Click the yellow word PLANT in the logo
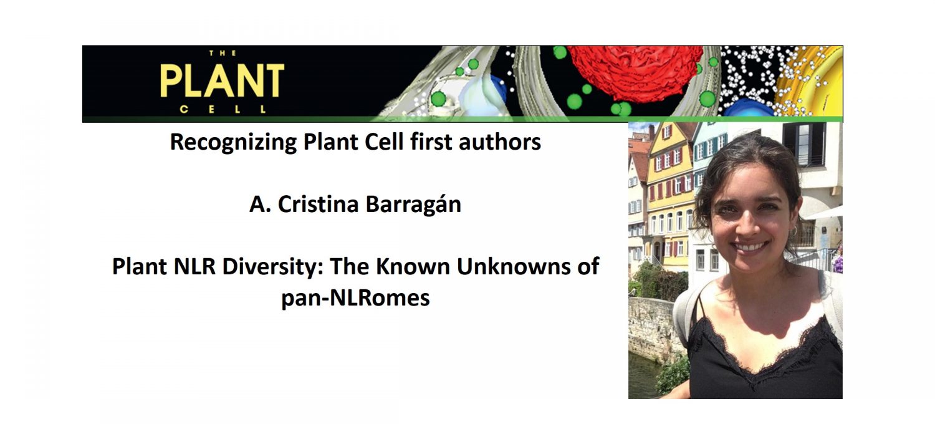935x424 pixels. tap(222, 80)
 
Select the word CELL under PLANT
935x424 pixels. tap(222, 110)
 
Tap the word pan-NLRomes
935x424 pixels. tap(355, 298)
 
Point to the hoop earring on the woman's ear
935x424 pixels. tap(794, 232)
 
